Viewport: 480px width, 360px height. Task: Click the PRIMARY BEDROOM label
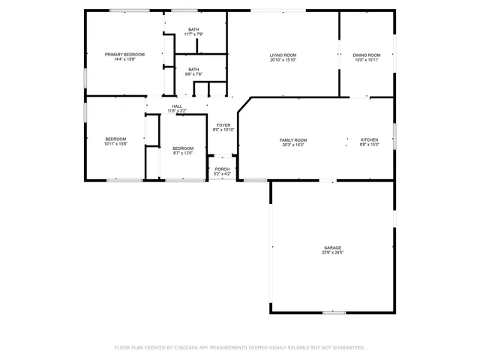tap(124, 55)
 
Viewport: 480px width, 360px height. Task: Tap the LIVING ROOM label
tap(283, 55)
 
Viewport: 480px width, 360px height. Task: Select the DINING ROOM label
tap(367, 55)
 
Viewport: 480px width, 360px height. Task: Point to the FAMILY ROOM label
tap(293, 140)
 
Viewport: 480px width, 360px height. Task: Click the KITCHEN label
tap(369, 140)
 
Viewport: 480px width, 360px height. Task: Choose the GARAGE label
tap(332, 247)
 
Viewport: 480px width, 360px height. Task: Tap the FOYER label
tap(223, 125)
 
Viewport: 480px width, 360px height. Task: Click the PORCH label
tap(222, 169)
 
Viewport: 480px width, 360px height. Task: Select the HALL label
tap(177, 106)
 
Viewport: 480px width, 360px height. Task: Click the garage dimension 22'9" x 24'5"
tap(332, 253)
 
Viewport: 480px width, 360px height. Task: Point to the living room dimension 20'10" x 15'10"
tap(283, 60)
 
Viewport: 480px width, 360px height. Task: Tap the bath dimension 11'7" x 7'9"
tap(193, 34)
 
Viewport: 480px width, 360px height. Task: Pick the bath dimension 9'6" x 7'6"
tap(193, 74)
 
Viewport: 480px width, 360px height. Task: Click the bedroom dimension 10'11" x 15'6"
tap(115, 143)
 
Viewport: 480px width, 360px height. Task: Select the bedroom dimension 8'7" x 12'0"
tap(183, 153)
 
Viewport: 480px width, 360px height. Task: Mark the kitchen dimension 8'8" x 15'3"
tap(369, 145)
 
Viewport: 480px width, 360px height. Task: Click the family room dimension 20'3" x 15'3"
tap(293, 145)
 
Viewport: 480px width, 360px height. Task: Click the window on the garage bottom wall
tap(334, 313)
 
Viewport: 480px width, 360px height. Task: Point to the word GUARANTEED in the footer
tap(348, 348)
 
